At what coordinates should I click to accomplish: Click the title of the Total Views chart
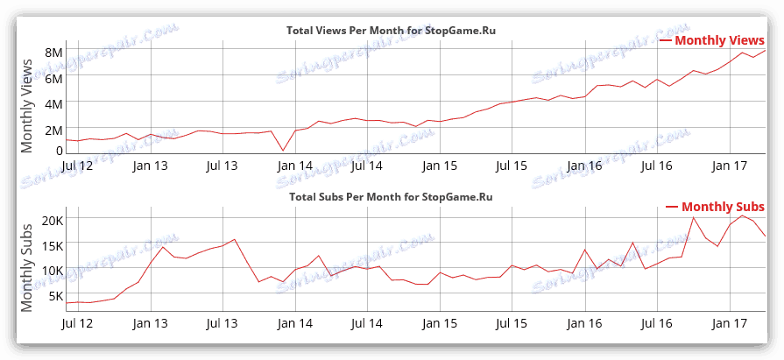[x=398, y=31]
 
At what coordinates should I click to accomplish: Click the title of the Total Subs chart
[x=391, y=197]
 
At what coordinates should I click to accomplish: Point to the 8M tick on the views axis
[x=53, y=53]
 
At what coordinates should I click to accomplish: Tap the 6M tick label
[x=53, y=78]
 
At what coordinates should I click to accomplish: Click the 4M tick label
[x=53, y=102]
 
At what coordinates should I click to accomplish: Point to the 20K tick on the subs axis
[x=50, y=219]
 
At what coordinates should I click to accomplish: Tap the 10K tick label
[x=50, y=271]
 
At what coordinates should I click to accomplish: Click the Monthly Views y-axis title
[x=27, y=99]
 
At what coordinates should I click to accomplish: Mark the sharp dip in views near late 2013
[x=283, y=151]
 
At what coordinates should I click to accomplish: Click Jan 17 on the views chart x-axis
[x=729, y=165]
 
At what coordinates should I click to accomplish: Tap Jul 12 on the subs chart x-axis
[x=78, y=323]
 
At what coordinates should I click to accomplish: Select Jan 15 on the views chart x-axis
[x=440, y=165]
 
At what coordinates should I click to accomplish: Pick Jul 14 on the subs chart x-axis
[x=367, y=323]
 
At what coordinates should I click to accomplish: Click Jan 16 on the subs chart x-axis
[x=583, y=323]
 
